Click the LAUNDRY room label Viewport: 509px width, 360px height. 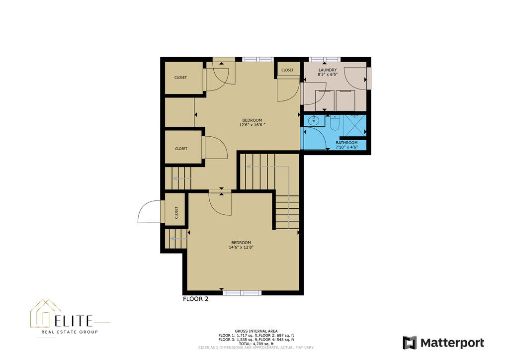click(328, 70)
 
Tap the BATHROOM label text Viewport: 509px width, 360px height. click(346, 143)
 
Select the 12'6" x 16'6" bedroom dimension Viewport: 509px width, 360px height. click(252, 125)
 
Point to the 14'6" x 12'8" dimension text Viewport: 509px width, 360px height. click(241, 247)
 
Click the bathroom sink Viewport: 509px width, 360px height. click(314, 120)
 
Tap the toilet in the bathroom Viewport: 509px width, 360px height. click(335, 123)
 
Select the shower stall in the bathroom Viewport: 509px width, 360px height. click(355, 125)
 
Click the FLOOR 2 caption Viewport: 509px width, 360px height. click(195, 299)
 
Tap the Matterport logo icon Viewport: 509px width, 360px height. click(410, 343)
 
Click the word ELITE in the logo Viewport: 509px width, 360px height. click(74, 321)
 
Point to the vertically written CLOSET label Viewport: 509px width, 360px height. click(176, 213)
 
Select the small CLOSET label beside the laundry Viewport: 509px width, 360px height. click(287, 70)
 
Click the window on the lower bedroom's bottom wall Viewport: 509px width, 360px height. click(242, 293)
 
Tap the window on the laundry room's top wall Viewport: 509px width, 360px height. click(324, 59)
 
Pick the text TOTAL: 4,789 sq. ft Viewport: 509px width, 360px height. click(256, 344)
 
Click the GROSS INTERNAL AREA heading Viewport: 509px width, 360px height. click(256, 331)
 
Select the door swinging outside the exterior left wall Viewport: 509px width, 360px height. click(150, 212)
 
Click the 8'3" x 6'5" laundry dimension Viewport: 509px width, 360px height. click(328, 75)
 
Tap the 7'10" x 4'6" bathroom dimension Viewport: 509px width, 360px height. click(346, 147)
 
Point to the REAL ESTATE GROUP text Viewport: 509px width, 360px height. click(70, 332)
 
